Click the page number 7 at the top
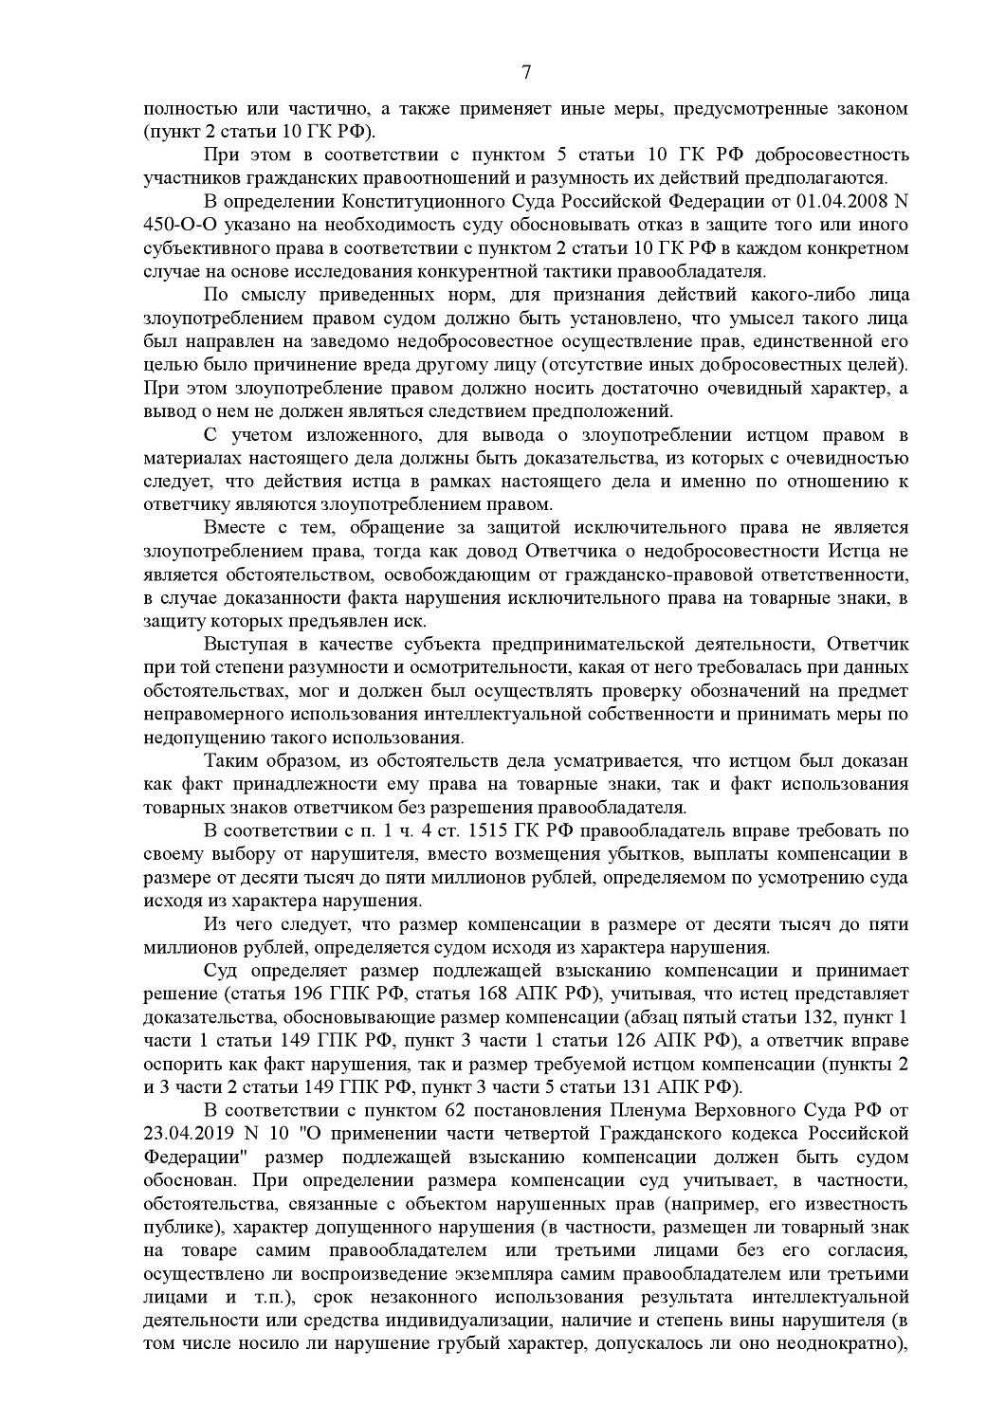(x=526, y=73)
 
